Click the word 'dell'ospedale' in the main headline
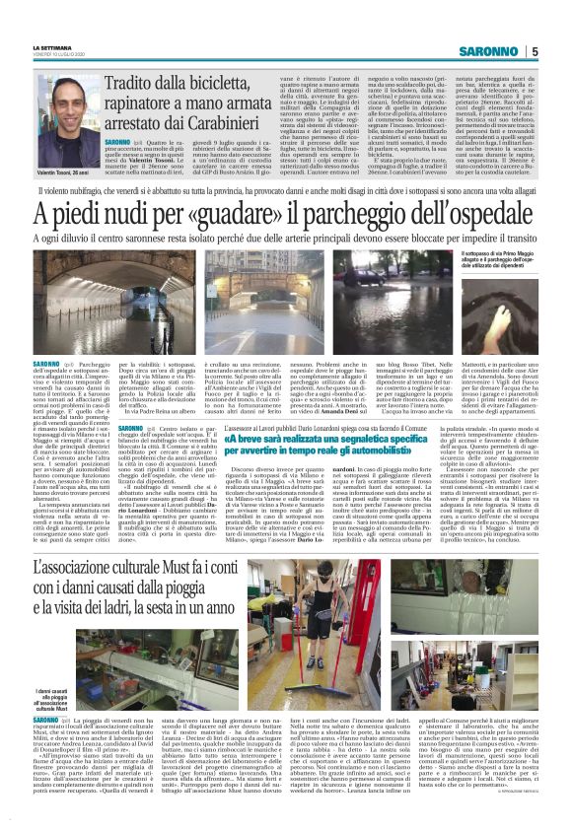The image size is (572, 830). point(476,213)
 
